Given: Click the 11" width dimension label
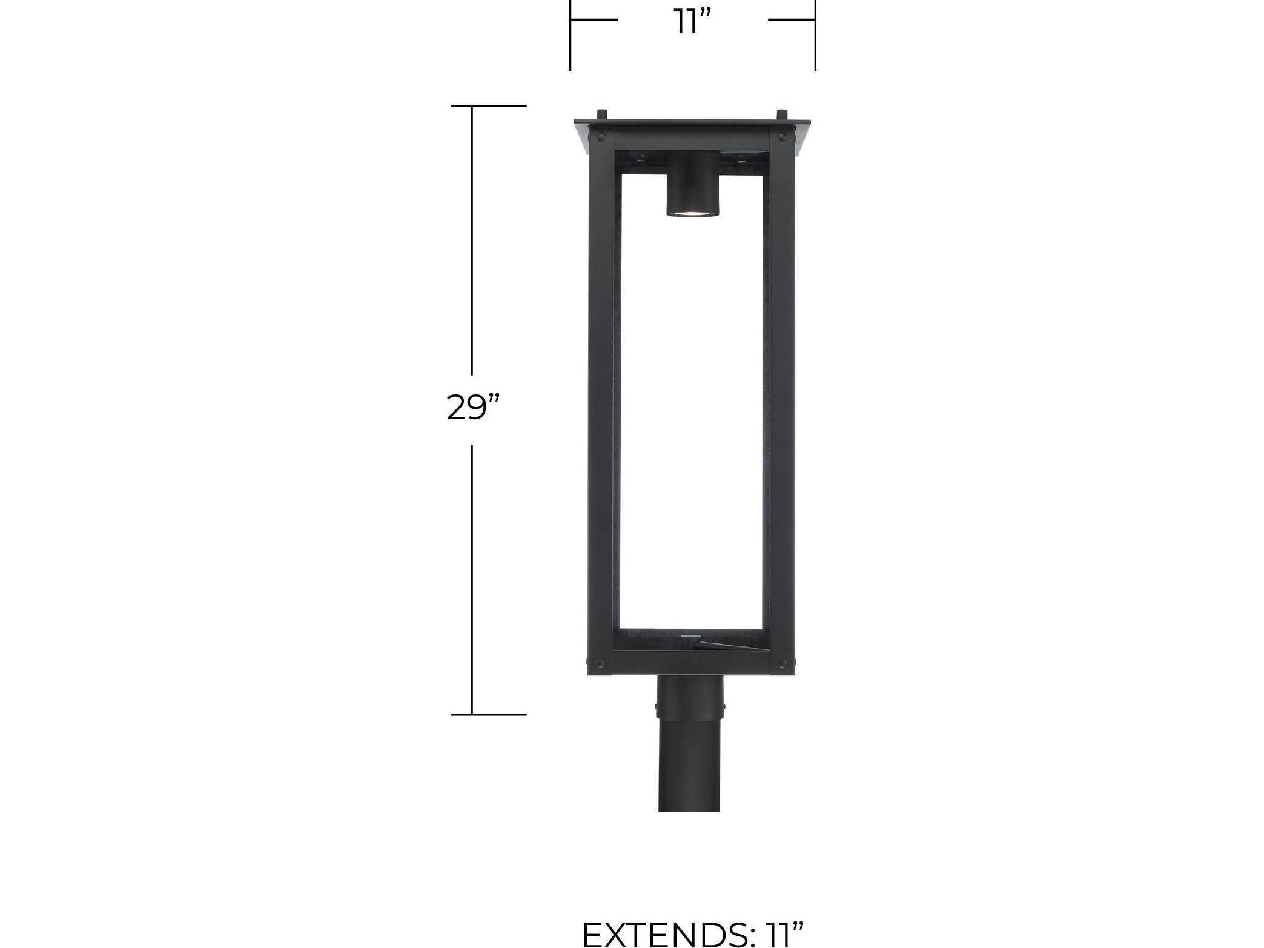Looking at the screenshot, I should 692,23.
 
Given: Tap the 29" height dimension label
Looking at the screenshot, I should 474,407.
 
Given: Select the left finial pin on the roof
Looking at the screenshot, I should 601,114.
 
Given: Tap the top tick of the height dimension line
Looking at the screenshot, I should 488,106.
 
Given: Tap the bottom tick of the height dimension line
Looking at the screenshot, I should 488,714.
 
